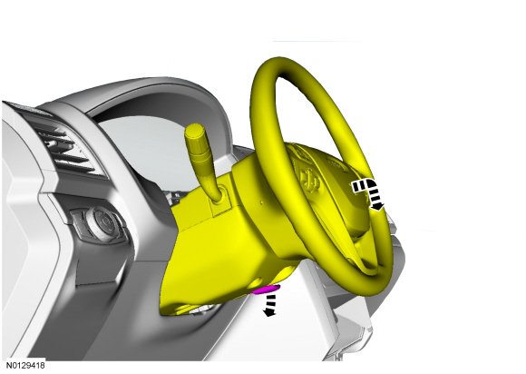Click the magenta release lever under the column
pos(267,289)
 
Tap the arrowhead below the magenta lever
pos(268,312)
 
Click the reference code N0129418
pos(25,365)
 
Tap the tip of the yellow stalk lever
pos(195,129)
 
